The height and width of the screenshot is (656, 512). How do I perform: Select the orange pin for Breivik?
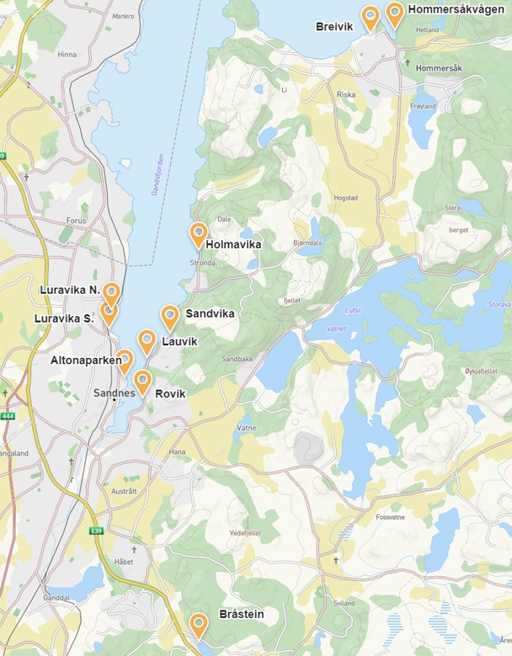click(370, 17)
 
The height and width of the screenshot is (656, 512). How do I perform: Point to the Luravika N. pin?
click(110, 292)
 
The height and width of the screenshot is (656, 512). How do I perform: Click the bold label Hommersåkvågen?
click(456, 9)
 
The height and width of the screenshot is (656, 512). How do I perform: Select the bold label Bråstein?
click(241, 615)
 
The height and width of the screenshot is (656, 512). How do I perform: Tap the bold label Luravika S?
click(64, 318)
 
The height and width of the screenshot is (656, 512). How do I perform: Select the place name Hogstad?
click(345, 198)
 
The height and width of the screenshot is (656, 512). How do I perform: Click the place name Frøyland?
click(422, 107)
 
